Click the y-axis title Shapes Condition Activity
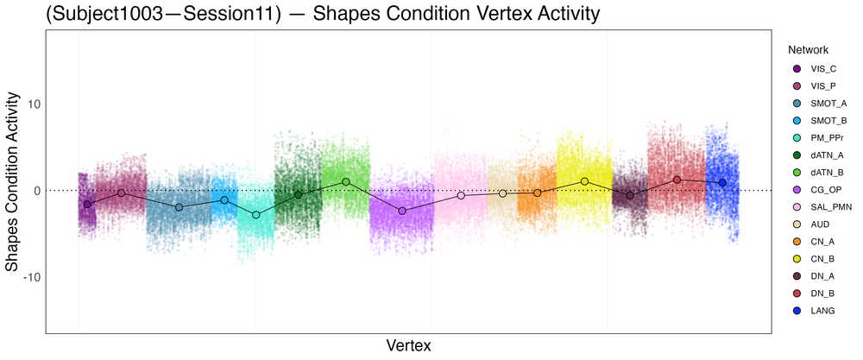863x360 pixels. pos(13,184)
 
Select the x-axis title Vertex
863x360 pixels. pos(408,345)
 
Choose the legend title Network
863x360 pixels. pos(808,50)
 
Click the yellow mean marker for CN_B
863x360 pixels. pos(584,181)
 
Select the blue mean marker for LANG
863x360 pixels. pos(722,183)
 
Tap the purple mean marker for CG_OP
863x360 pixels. pos(402,211)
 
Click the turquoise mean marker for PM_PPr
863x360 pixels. pos(255,214)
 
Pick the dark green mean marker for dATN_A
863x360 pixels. pos(299,195)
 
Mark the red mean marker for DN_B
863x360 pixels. pos(677,180)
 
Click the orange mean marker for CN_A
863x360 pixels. pos(537,193)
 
